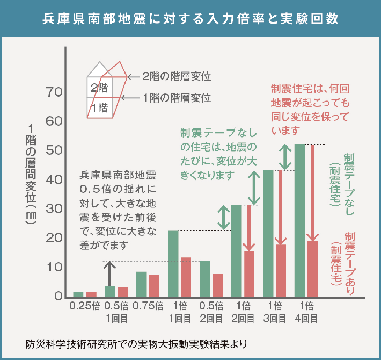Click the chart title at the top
pyautogui.click(x=190, y=18)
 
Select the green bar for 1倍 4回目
pyautogui.click(x=299, y=220)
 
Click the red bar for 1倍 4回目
pyautogui.click(x=312, y=269)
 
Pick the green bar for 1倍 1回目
pyautogui.click(x=173, y=263)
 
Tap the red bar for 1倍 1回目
pyautogui.click(x=186, y=277)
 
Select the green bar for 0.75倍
pyautogui.click(x=141, y=284)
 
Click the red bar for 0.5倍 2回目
pyautogui.click(x=217, y=285)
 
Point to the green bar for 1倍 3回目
pyautogui.click(x=268, y=234)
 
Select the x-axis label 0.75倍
pyautogui.click(x=148, y=307)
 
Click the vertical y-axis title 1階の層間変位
pyautogui.click(x=31, y=177)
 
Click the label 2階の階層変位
pyautogui.click(x=176, y=76)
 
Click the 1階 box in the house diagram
pyautogui.click(x=99, y=107)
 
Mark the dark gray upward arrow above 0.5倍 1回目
pyautogui.click(x=110, y=273)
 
